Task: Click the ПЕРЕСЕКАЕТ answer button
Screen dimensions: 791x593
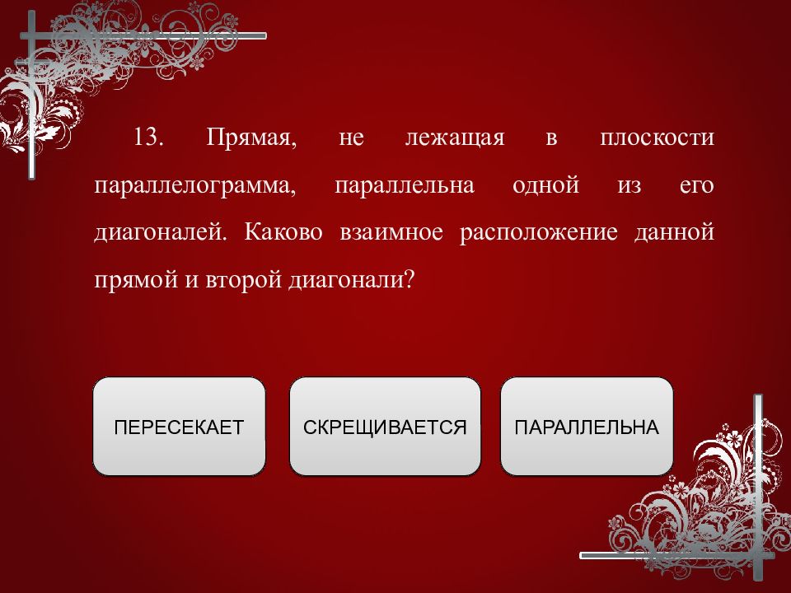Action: click(x=179, y=426)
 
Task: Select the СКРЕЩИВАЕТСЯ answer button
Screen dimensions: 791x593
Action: click(x=385, y=426)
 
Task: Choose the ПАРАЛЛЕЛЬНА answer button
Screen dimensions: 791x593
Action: click(x=587, y=426)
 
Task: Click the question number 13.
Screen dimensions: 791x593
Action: click(x=148, y=137)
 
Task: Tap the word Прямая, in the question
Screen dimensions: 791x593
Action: click(x=252, y=138)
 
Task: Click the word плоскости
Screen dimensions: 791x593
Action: click(x=658, y=138)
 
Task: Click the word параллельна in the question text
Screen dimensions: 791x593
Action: click(x=405, y=185)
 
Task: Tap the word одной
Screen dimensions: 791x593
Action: click(x=545, y=185)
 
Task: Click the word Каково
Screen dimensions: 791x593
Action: click(x=283, y=232)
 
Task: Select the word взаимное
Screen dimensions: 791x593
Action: click(x=391, y=233)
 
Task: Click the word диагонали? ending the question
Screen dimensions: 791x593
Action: click(x=351, y=280)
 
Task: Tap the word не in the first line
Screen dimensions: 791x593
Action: click(x=352, y=138)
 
